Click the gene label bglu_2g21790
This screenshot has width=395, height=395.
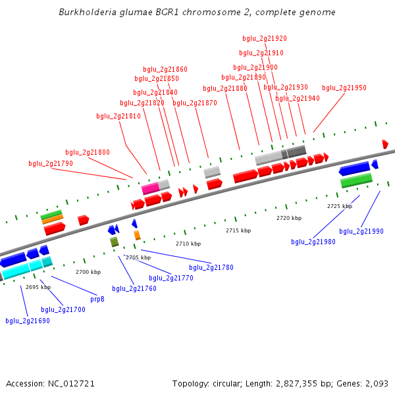(51, 163)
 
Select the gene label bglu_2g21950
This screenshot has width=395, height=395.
(344, 88)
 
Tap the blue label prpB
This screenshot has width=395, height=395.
(97, 298)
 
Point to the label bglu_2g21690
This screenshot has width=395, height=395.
(28, 321)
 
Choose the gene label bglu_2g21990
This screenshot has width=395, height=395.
(361, 231)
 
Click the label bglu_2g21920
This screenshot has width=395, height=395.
(265, 38)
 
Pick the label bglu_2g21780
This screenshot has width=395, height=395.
(211, 267)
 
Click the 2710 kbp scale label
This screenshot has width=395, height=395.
(187, 244)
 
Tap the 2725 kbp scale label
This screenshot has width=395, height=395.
(340, 206)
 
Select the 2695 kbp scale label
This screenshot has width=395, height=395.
(38, 287)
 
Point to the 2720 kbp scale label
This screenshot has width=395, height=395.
(289, 217)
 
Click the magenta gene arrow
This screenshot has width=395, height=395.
(151, 188)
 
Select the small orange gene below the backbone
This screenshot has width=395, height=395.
(137, 235)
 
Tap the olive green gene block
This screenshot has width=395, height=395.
(115, 242)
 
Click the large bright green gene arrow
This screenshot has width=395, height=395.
(356, 179)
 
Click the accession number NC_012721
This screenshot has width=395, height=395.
(72, 383)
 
